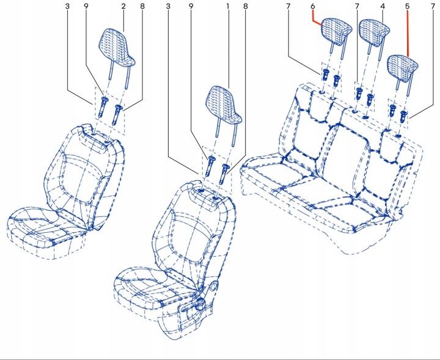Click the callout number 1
[228, 6]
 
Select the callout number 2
[123, 6]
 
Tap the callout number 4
[383, 6]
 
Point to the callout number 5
[407, 6]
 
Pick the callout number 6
[313, 6]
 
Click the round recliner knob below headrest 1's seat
[214, 286]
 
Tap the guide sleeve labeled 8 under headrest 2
[117, 114]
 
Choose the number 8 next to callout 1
[246, 6]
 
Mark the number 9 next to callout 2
[86, 6]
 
